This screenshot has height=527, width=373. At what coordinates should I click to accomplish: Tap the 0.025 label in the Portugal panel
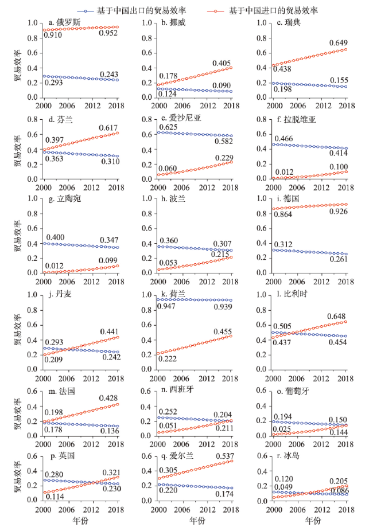coord(282,430)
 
